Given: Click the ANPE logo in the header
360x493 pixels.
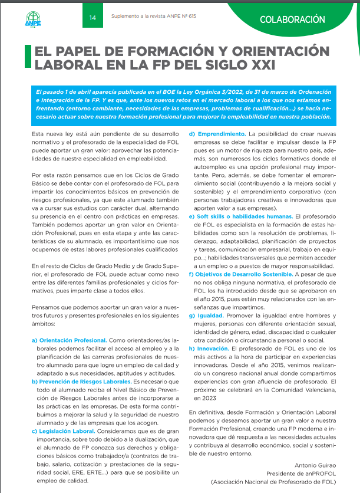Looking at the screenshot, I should pos(33,19).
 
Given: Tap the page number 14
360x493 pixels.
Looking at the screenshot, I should pos(93,18).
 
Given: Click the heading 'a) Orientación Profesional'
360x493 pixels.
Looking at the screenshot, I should pos(69,340).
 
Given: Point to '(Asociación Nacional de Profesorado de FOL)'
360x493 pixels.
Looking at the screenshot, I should pos(273,481).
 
